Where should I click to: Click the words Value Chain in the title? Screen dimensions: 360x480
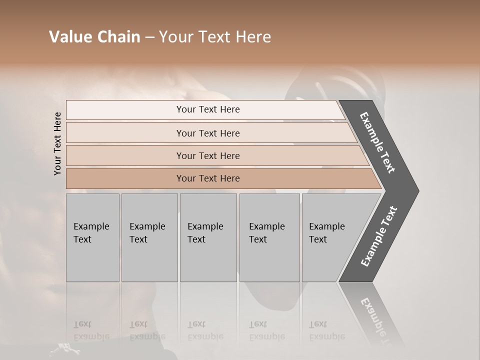pos(94,37)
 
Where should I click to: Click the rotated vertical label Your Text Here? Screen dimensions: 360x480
pos(57,143)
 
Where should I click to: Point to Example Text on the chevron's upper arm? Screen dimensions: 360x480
pos(377,142)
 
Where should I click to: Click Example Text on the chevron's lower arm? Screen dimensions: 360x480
pos(379,236)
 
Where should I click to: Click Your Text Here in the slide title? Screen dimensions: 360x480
pos(215,37)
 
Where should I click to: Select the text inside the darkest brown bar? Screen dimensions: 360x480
pos(208,178)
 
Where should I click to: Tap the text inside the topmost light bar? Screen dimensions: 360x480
pos(208,109)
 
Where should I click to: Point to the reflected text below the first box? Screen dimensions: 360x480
pos(91,330)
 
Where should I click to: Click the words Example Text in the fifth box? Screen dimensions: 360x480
pos(326,233)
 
